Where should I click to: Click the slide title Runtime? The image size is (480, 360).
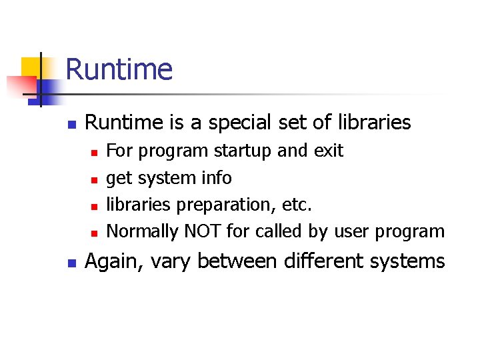click(x=119, y=69)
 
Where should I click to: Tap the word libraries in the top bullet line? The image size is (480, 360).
click(x=375, y=123)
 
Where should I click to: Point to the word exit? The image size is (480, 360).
click(x=327, y=151)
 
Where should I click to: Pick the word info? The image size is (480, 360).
click(x=216, y=178)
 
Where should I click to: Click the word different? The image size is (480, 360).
click(x=323, y=261)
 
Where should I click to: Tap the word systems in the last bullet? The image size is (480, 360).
click(x=407, y=261)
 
